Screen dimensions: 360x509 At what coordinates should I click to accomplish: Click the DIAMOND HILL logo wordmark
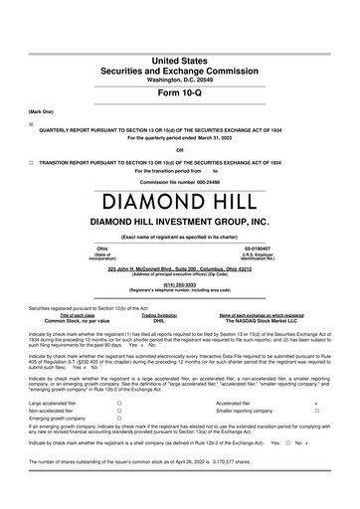pos(180,190)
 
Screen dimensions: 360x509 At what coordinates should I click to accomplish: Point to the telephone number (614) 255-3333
pos(180,281)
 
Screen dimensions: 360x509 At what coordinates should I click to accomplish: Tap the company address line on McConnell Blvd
pos(179,268)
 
